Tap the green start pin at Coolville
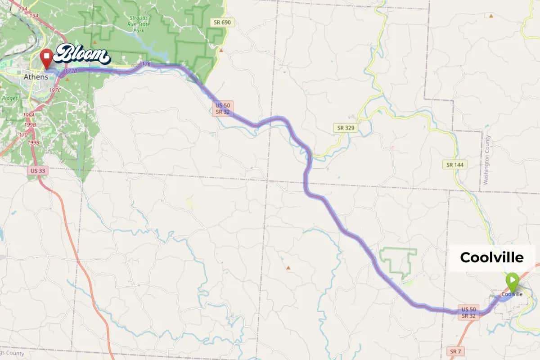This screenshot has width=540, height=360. tap(512, 280)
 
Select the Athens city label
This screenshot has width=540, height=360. tap(36, 77)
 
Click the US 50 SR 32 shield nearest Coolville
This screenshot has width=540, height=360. tap(468, 312)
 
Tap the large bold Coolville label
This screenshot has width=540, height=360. tap(491, 257)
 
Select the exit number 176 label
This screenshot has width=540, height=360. tap(145, 64)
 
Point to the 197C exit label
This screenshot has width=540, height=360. tap(55, 90)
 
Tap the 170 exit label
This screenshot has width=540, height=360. tap(23, 134)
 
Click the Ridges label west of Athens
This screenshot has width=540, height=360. tap(10, 98)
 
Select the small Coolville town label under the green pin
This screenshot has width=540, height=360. tap(512, 294)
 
